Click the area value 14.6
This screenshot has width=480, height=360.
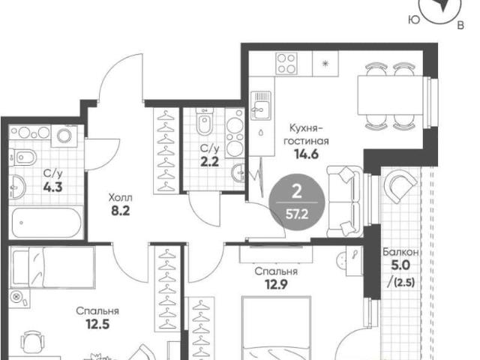point(306,154)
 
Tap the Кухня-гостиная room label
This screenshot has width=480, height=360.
point(306,134)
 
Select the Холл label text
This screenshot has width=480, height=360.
point(120,198)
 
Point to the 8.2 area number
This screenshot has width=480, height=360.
point(120,211)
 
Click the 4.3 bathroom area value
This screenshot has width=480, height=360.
point(52,187)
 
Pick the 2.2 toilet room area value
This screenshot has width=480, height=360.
point(210,161)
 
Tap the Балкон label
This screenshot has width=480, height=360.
point(400,252)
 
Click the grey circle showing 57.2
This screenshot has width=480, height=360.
point(297,202)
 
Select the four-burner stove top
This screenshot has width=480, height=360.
point(286,64)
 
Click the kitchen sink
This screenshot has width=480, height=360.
point(261,105)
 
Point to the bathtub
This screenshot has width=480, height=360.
point(46,223)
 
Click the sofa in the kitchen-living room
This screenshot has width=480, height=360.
point(345,202)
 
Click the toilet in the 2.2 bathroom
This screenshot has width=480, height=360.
point(204,121)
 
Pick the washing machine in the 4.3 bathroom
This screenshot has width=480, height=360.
point(64,136)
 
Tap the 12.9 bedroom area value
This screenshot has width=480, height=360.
point(276,285)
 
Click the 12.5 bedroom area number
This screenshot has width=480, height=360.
point(97,324)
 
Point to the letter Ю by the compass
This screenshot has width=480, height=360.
point(414,19)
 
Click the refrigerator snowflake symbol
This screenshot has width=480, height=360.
point(325,64)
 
